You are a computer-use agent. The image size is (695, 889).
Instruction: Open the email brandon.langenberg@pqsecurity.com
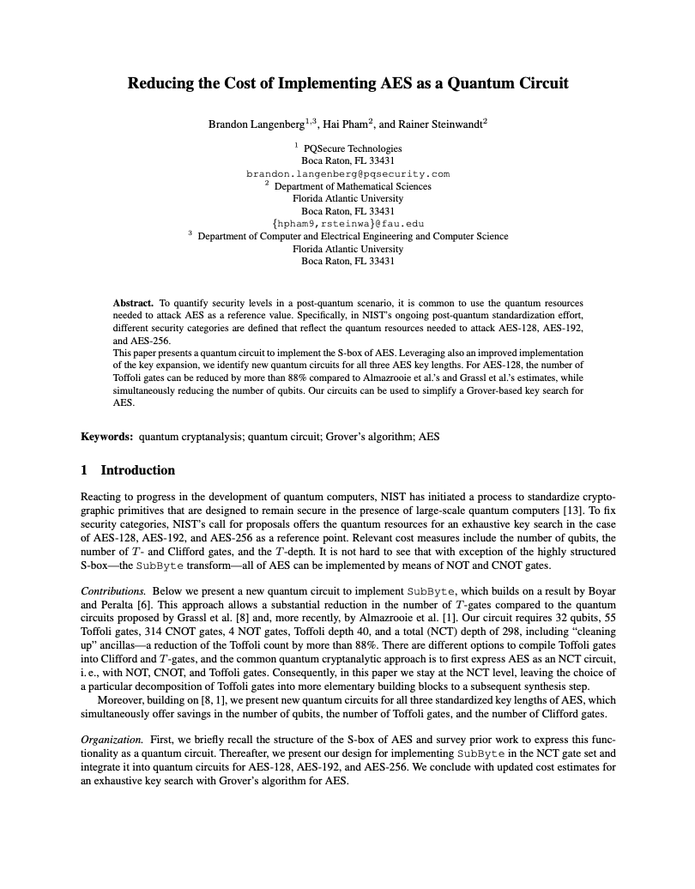[347, 173]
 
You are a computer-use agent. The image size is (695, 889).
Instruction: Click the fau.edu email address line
[347, 224]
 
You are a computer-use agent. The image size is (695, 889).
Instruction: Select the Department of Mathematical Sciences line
[353, 186]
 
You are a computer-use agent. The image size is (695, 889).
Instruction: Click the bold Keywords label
[106, 437]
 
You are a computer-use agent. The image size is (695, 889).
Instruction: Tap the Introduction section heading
[137, 470]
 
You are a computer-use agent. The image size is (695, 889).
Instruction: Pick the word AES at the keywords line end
[429, 437]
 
